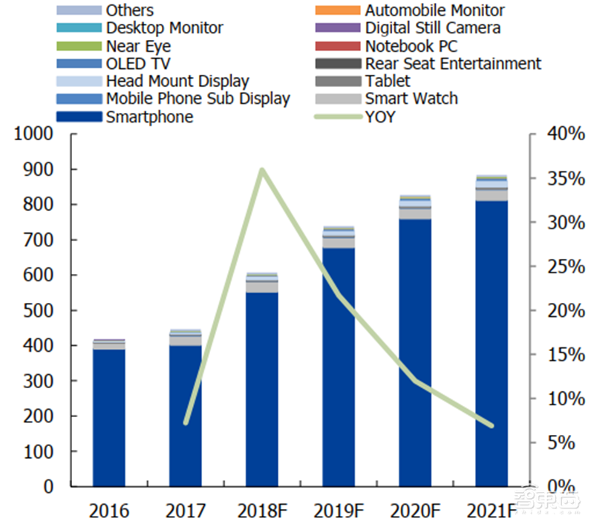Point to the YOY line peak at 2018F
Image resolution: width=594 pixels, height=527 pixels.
[x=262, y=170]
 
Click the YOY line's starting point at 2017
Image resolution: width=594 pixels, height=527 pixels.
[x=186, y=423]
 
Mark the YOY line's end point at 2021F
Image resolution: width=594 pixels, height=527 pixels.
[x=492, y=425]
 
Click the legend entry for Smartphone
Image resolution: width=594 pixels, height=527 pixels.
[x=149, y=117]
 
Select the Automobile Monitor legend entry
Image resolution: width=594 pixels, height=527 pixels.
[x=434, y=10]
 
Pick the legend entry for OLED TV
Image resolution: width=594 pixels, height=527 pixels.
[x=138, y=64]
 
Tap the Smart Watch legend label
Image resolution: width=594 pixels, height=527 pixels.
[x=411, y=99]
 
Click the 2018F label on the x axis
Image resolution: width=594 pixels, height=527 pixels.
[x=262, y=511]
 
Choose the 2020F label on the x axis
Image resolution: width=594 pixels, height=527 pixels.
[x=415, y=511]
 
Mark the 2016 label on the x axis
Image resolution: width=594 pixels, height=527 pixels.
[x=108, y=511]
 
